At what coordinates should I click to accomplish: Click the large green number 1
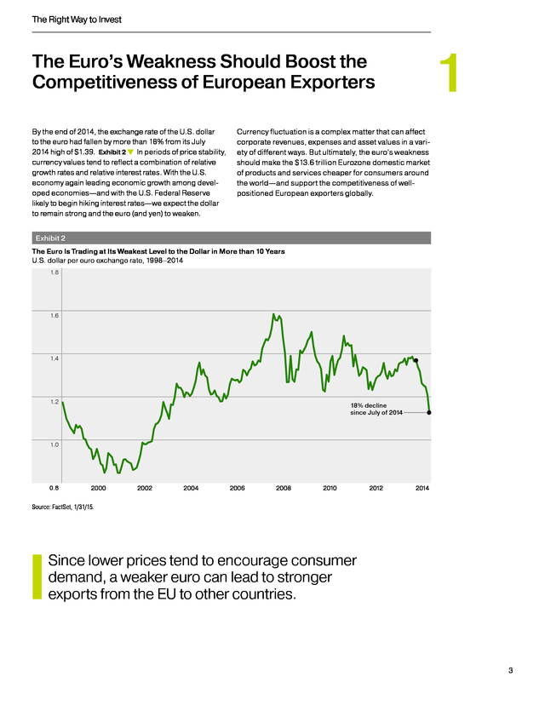[450, 73]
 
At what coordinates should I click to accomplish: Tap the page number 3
[510, 670]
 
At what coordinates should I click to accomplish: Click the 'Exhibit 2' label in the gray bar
[50, 238]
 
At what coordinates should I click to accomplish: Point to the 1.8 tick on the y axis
[54, 272]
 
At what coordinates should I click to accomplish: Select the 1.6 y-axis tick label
[54, 315]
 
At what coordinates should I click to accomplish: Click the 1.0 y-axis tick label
[54, 444]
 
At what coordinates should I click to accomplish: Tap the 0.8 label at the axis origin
[54, 488]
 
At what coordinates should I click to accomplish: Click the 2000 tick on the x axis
[99, 488]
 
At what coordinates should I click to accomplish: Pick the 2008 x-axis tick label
[284, 488]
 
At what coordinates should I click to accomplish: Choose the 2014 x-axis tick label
[422, 488]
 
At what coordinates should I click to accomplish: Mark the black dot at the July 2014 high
[416, 360]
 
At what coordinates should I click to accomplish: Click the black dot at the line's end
[429, 412]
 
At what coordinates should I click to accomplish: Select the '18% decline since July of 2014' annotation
[376, 409]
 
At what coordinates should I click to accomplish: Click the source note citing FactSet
[63, 507]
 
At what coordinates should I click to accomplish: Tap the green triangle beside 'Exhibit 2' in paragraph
[131, 152]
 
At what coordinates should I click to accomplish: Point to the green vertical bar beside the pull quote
[37, 577]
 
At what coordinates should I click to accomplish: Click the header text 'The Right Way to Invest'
[77, 20]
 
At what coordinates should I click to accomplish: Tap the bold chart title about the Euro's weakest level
[158, 251]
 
